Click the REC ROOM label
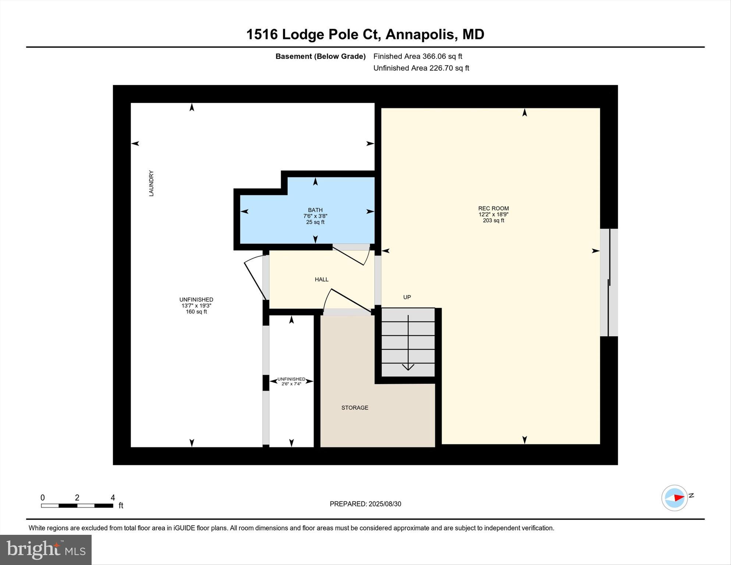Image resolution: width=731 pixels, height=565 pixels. tap(493, 208)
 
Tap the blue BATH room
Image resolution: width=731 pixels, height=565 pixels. tap(315, 228)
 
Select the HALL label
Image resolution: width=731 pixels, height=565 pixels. tap(321, 279)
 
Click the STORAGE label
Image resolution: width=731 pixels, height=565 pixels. tap(355, 407)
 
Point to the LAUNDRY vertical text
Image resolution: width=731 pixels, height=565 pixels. tap(151, 183)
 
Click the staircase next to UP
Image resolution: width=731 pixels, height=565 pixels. tap(408, 342)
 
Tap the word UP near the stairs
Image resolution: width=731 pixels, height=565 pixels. tap(407, 297)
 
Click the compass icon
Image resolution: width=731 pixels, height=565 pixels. tap(674, 498)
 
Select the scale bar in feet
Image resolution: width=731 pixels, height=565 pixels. tap(77, 505)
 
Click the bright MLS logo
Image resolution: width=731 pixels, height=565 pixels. tap(46, 550)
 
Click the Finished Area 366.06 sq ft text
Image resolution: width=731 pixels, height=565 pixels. tap(418, 56)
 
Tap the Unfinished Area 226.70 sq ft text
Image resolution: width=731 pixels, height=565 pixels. tap(421, 68)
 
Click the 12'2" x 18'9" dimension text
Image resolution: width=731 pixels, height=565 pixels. tap(493, 214)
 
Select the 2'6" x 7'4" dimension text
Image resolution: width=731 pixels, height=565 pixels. tap(291, 384)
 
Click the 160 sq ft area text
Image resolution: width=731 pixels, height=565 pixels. tap(196, 312)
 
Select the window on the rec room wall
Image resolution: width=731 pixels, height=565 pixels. tap(609, 282)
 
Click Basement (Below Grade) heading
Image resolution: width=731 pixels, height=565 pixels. tap(320, 56)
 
